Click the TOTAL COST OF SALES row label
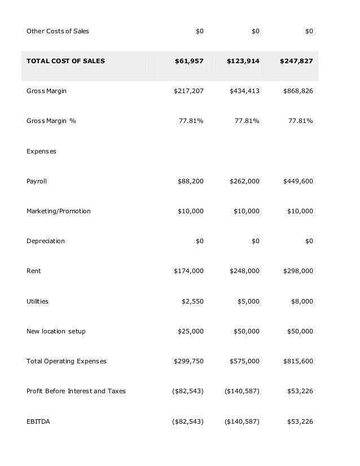[x=65, y=61]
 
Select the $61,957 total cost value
[x=189, y=61]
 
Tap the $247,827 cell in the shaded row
[x=296, y=61]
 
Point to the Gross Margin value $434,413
[x=244, y=91]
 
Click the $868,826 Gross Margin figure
[x=298, y=91]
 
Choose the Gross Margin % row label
[x=51, y=121]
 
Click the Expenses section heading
[x=41, y=151]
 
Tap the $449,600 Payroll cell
[x=298, y=181]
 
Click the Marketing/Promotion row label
[x=58, y=211]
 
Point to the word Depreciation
[x=45, y=241]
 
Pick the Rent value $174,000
[x=188, y=271]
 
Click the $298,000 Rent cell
[x=298, y=271]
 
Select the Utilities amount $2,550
[x=192, y=301]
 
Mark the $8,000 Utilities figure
[x=302, y=301]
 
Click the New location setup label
[x=56, y=331]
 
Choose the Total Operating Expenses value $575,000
[x=244, y=361]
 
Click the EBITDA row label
[x=38, y=421]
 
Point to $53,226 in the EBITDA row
[x=300, y=421]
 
